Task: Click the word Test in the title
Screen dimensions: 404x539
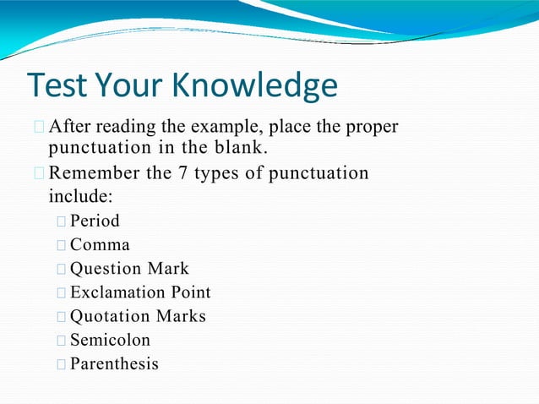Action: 56,86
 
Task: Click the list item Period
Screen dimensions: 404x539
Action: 95,221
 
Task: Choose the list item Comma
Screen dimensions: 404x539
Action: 100,245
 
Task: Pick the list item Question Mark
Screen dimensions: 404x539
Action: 129,269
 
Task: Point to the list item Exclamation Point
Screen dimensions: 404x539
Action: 140,292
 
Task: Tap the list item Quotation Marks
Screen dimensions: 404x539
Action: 138,317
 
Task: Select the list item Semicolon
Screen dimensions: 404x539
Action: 110,341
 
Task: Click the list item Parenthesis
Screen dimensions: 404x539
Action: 114,364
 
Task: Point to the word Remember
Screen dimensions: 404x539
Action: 94,174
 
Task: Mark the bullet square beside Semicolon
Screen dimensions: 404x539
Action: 62,341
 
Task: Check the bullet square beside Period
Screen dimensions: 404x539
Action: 62,222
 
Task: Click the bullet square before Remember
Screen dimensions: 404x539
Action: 40,175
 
